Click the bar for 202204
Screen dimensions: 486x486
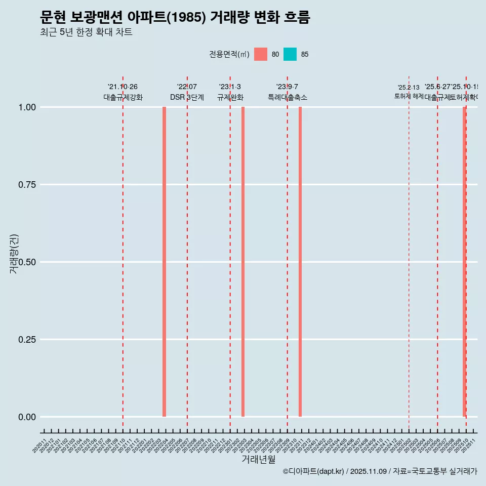tap(164, 262)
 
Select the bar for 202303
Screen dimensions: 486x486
tap(243, 262)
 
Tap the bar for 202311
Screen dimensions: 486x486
tap(300, 262)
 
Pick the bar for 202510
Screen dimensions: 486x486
tap(464, 262)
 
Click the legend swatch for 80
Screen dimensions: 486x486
tap(261, 54)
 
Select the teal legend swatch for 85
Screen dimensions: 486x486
tap(290, 54)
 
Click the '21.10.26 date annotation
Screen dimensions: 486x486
tap(123, 87)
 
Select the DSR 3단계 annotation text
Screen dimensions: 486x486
tap(187, 97)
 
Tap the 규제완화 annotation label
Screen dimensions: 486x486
tap(230, 97)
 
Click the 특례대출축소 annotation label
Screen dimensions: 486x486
tap(288, 97)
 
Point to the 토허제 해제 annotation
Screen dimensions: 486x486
tap(409, 96)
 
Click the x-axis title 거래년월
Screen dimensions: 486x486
tap(258, 460)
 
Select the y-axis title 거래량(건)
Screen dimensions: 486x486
tap(14, 254)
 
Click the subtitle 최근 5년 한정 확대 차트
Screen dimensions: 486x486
tap(86, 32)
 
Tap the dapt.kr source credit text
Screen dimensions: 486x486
tap(380, 471)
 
